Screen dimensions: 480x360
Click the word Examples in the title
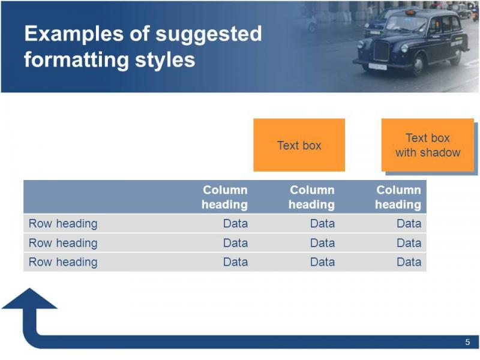[73, 34]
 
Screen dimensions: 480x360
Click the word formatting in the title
[77, 59]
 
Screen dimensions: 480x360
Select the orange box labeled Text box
[299, 145]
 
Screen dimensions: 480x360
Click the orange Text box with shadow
[428, 145]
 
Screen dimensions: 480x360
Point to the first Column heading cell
[224, 197]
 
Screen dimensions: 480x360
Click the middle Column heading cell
[311, 197]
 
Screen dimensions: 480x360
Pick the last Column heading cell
[398, 197]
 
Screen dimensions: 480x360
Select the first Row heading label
[63, 224]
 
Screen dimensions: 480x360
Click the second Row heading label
[63, 243]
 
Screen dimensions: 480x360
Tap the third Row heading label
[63, 262]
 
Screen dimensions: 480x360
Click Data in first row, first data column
[235, 223]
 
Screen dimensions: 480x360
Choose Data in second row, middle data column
[322, 243]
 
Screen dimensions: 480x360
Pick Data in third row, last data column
[409, 262]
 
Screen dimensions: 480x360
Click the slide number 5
[467, 342]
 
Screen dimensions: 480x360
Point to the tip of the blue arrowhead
[29, 288]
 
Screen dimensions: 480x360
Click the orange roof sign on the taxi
[410, 12]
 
